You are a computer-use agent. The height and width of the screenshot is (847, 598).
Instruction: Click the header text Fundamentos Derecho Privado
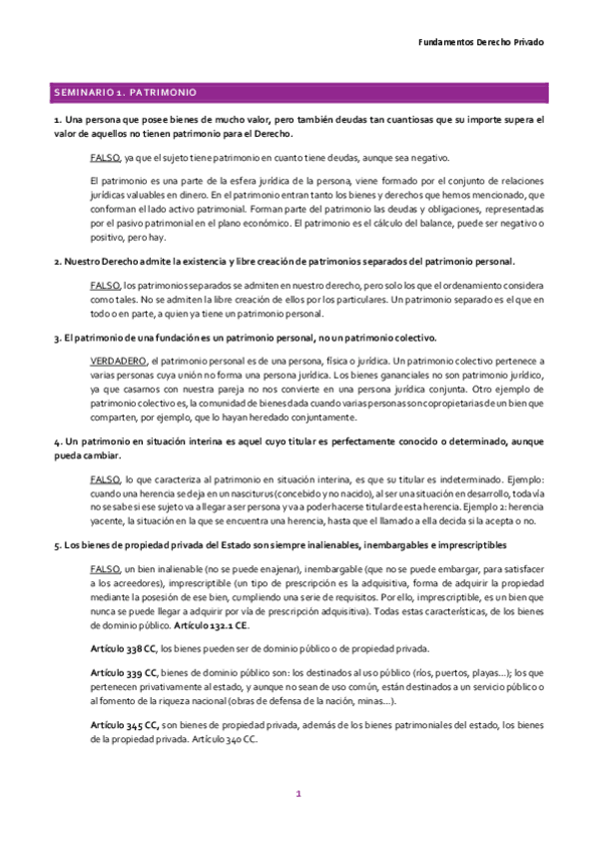(479, 43)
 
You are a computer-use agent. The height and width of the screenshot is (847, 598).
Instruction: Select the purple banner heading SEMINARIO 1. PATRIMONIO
(125, 92)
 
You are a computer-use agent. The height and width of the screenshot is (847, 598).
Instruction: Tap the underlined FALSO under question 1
(105, 158)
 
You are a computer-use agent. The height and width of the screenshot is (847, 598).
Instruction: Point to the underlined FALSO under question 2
(105, 285)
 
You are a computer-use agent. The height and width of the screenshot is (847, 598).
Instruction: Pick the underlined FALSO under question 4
(105, 479)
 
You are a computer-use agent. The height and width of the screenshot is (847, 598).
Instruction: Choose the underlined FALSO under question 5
(105, 568)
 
